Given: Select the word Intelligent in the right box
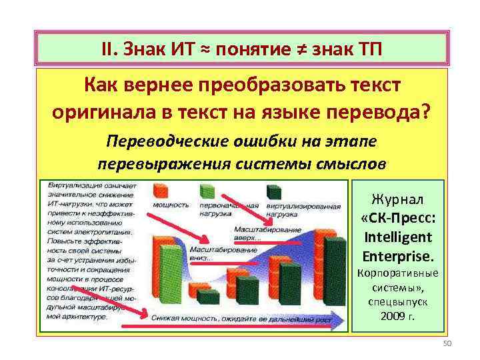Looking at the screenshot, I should coord(398,237).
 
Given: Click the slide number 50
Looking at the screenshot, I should coord(447,343).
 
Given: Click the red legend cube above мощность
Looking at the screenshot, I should coord(161,190).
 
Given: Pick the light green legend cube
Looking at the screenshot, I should coord(208,190).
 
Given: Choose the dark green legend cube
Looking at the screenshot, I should coord(273,191).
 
